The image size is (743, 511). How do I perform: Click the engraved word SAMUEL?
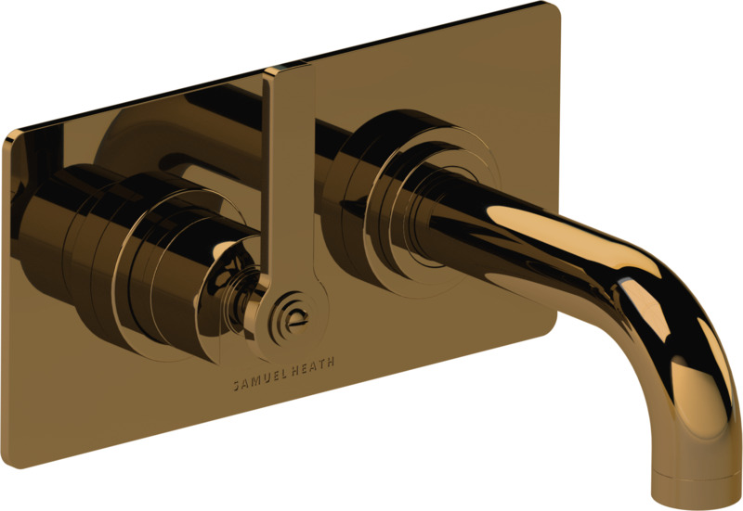pyautogui.click(x=259, y=380)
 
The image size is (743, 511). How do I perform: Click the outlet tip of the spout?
pyautogui.click(x=697, y=497)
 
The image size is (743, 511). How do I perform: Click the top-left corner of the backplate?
pyautogui.click(x=7, y=135)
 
